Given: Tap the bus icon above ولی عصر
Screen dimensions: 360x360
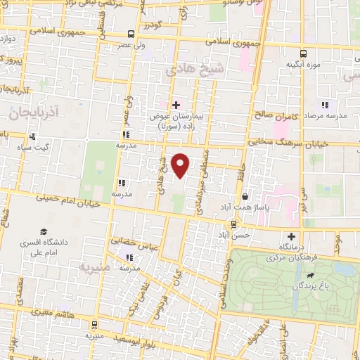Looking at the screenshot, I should click(131, 34).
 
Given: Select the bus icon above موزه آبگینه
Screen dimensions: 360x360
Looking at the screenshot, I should click(303, 53).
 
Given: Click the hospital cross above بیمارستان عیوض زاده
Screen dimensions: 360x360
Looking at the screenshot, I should click(176, 105).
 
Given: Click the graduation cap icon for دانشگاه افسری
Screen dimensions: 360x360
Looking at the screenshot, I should click(44, 231).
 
